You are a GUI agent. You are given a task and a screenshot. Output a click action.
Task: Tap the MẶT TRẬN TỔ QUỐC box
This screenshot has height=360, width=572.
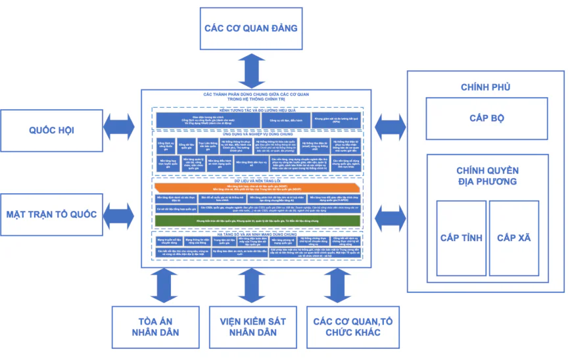(x=51, y=214)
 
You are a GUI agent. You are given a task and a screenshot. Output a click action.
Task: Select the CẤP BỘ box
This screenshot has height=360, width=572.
(x=487, y=118)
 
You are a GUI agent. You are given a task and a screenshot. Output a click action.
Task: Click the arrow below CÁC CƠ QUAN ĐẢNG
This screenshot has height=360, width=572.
(x=251, y=71)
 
